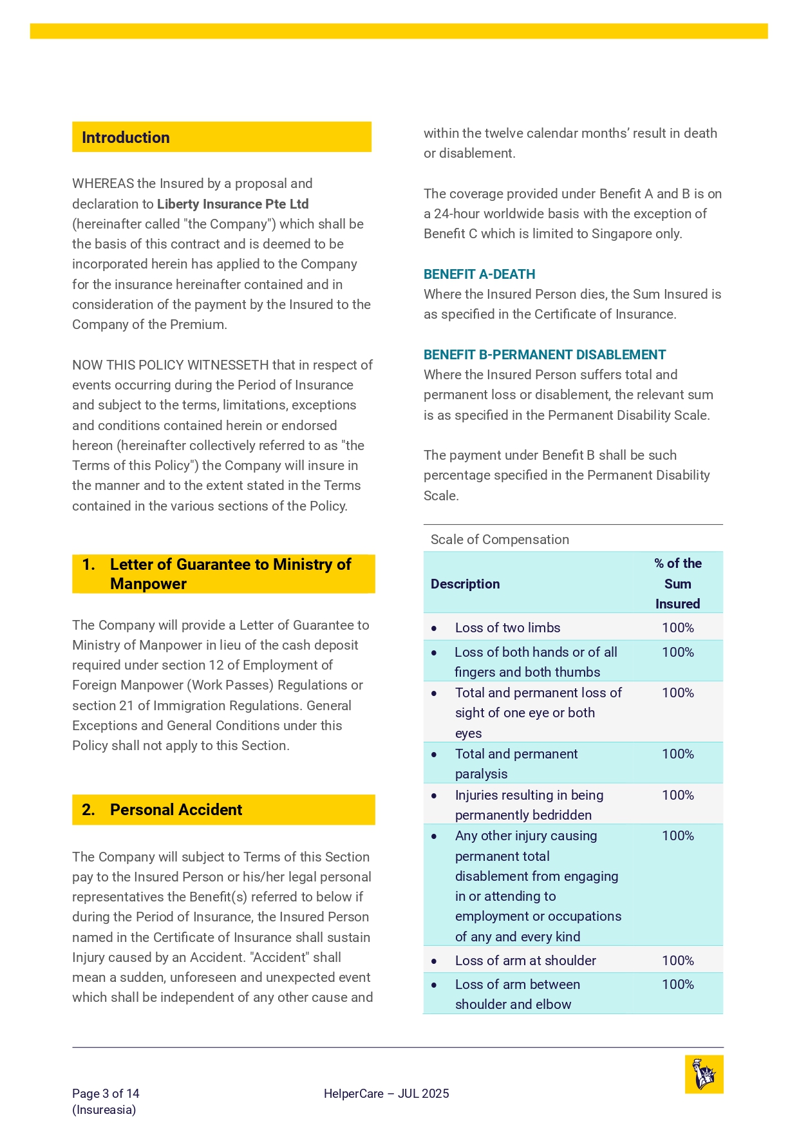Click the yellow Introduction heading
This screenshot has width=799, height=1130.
pyautogui.click(x=126, y=138)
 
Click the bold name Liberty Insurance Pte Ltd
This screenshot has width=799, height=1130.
pyautogui.click(x=233, y=204)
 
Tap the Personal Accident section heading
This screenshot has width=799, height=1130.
pyautogui.click(x=176, y=810)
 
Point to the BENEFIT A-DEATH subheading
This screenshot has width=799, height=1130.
pyautogui.click(x=479, y=274)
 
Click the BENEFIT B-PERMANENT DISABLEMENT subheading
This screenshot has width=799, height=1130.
pyautogui.click(x=544, y=355)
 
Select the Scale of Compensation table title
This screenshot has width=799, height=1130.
pyautogui.click(x=500, y=540)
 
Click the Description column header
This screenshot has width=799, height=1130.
pyautogui.click(x=465, y=584)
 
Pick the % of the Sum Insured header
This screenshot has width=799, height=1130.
pyautogui.click(x=677, y=583)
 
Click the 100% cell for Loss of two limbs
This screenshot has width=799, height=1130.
pyautogui.click(x=677, y=628)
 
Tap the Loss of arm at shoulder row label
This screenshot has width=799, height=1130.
pyautogui.click(x=525, y=961)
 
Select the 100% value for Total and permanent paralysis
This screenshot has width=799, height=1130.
pyautogui.click(x=677, y=754)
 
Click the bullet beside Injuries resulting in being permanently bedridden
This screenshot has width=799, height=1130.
pyautogui.click(x=435, y=796)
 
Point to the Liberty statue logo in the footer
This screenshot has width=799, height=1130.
pyautogui.click(x=704, y=1074)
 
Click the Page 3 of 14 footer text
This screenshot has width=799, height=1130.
pyautogui.click(x=106, y=1093)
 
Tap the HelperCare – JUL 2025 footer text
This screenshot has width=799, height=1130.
pyautogui.click(x=386, y=1093)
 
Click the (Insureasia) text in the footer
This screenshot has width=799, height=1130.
pyautogui.click(x=104, y=1109)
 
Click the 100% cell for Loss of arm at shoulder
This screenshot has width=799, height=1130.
pyautogui.click(x=677, y=961)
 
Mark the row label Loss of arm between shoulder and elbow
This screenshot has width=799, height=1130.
pyautogui.click(x=517, y=994)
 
